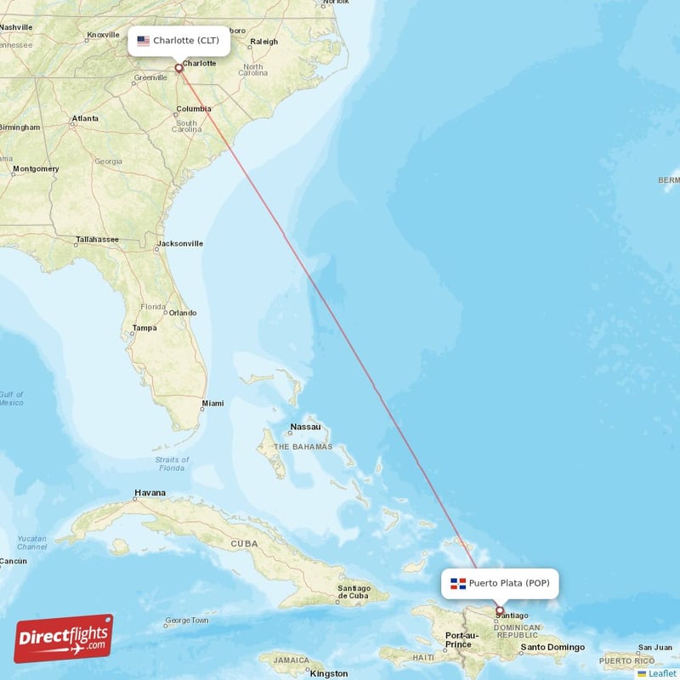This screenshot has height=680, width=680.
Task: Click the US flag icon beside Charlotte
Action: pyautogui.click(x=143, y=41)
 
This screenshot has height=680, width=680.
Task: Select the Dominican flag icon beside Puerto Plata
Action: pyautogui.click(x=458, y=583)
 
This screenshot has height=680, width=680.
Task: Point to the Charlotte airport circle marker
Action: pyautogui.click(x=178, y=68)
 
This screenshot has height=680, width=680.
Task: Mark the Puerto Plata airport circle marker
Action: pyautogui.click(x=499, y=609)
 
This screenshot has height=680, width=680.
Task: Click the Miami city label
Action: pyautogui.click(x=213, y=403)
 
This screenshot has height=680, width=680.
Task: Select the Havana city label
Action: pyautogui.click(x=150, y=493)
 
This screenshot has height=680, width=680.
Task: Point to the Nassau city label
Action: pyautogui.click(x=305, y=427)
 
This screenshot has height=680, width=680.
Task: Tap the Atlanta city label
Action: pyautogui.click(x=85, y=118)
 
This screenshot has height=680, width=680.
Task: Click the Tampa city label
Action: pyautogui.click(x=144, y=327)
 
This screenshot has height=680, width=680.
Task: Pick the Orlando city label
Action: pyautogui.click(x=182, y=313)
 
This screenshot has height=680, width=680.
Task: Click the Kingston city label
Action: pyautogui.click(x=329, y=673)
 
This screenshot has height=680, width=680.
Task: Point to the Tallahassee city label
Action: pyautogui.click(x=97, y=240)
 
